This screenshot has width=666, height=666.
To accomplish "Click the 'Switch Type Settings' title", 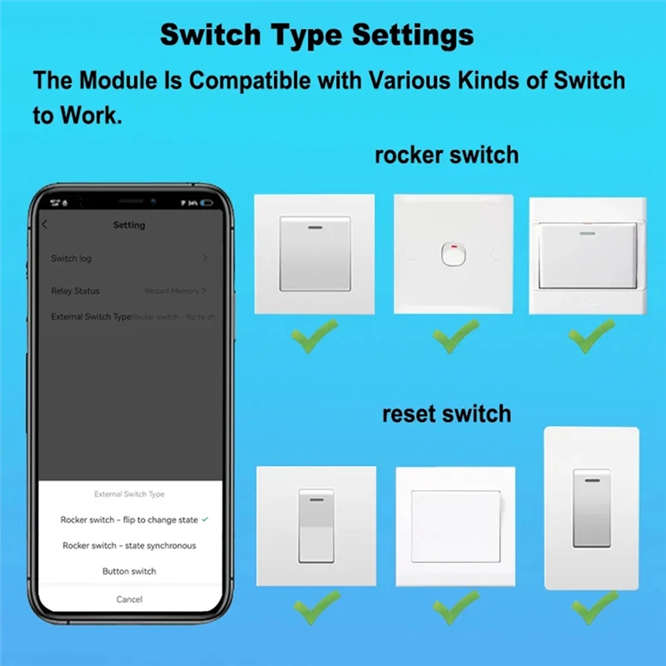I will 316,35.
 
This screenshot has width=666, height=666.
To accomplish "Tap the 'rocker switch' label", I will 446,155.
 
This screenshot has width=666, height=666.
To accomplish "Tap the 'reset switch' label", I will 446,414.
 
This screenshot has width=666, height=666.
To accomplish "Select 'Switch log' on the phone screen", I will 72,259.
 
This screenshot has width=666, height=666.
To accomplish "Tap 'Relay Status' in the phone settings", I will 75,291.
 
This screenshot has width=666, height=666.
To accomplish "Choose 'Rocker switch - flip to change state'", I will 129,519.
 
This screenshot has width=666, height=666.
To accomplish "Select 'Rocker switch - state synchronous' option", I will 129,545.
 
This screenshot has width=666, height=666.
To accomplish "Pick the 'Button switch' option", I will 129,571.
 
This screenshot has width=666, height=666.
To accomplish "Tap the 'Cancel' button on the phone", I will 129,599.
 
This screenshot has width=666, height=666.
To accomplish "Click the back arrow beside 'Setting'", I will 45,225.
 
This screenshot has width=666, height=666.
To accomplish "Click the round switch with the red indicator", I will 455,255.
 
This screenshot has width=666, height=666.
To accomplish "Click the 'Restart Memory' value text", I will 171,291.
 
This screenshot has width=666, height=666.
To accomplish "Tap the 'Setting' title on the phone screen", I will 129,225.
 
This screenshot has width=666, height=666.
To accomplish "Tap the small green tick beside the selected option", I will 205,519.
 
